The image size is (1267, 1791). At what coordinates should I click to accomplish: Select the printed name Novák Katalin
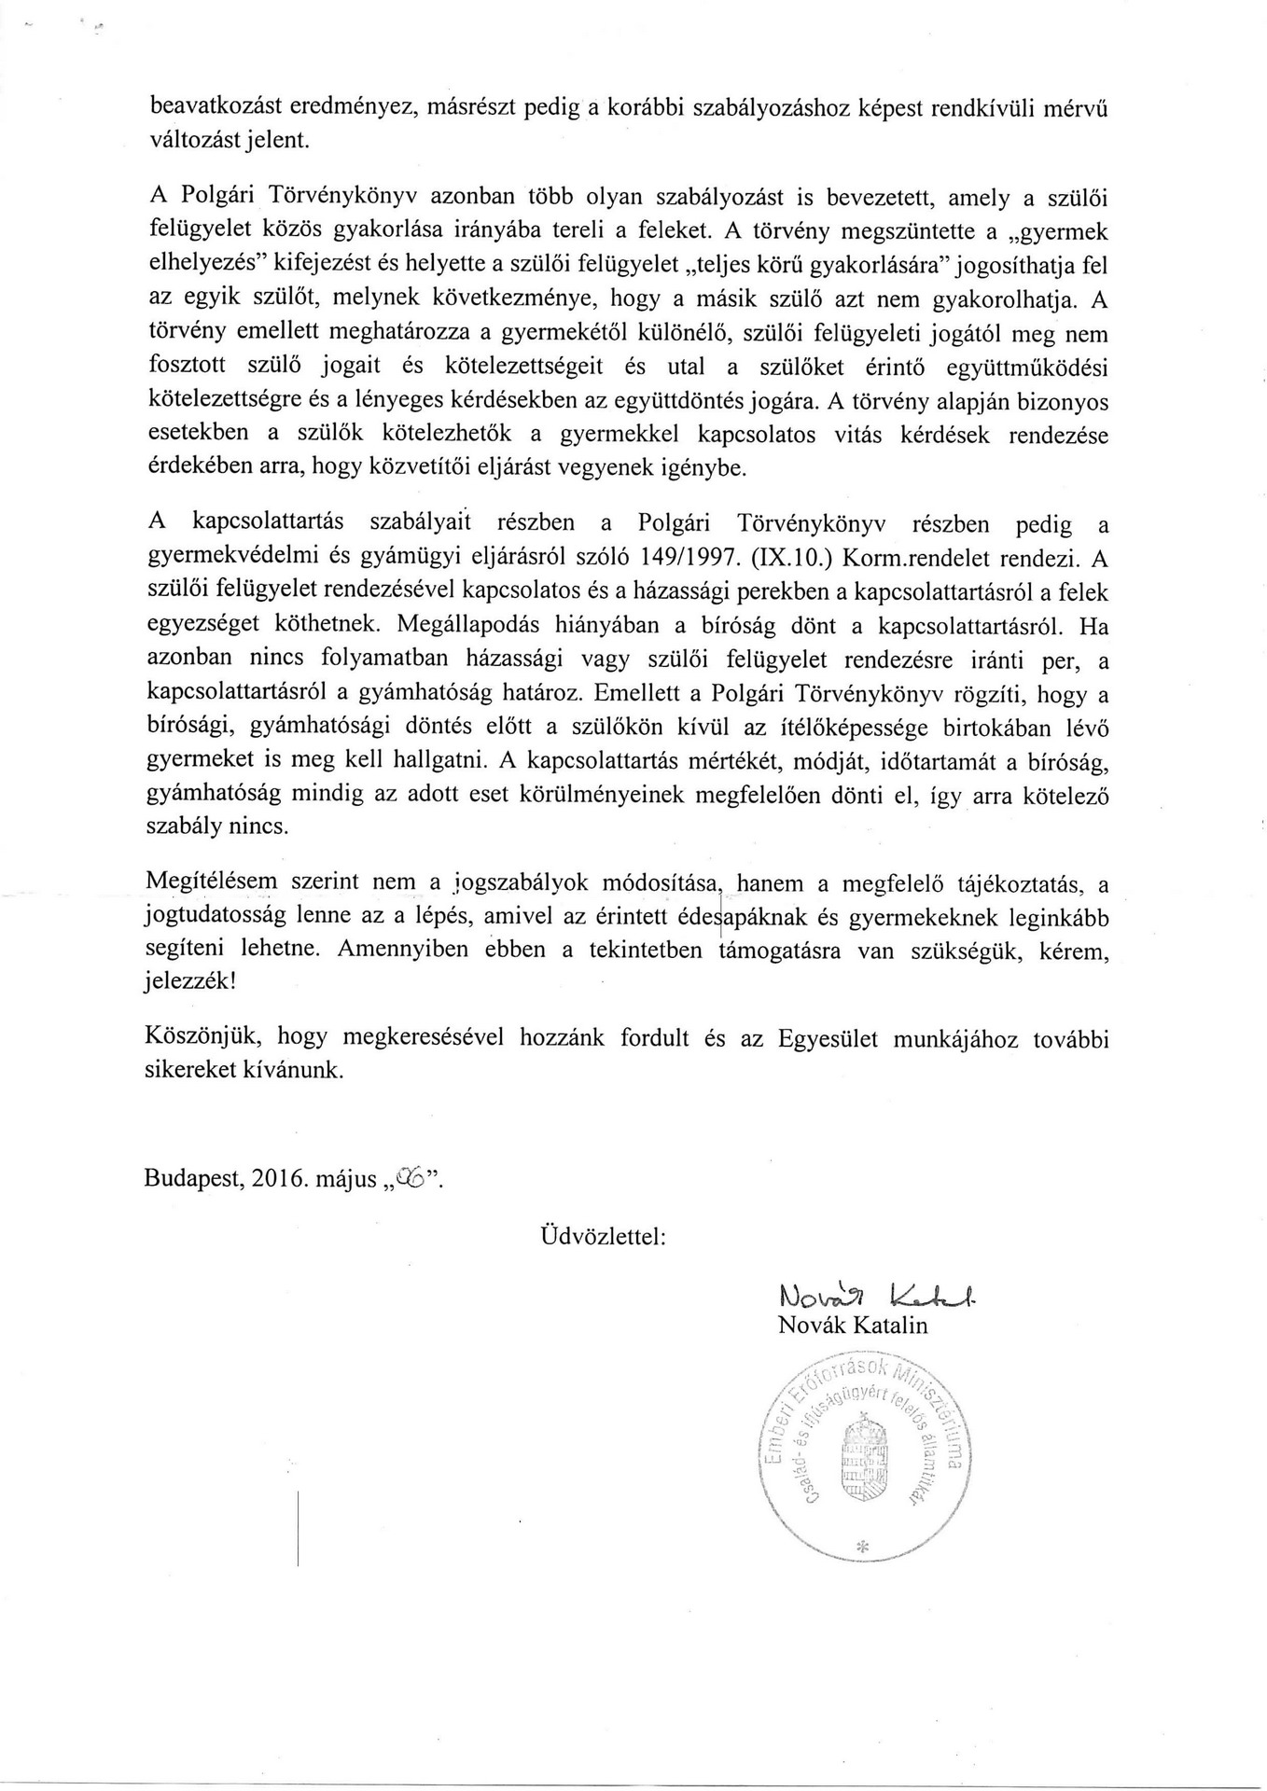[x=853, y=1326]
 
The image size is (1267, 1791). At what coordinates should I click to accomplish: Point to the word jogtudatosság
[x=213, y=917]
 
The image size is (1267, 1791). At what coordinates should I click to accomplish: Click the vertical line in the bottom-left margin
[x=298, y=1527]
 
